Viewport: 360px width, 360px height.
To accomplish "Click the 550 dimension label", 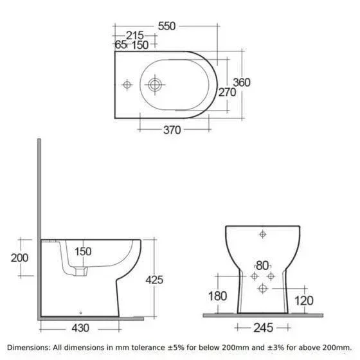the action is (166, 26).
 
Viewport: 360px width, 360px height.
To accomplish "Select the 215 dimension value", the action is (135, 35).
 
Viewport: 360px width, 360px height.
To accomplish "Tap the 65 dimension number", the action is (121, 44).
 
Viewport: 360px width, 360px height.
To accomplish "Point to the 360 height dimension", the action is (242, 82).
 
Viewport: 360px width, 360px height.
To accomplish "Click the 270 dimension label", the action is (227, 93).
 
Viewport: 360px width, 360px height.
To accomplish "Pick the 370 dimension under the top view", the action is (172, 130).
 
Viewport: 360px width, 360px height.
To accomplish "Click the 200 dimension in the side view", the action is (19, 258).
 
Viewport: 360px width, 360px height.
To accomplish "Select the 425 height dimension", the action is (154, 280).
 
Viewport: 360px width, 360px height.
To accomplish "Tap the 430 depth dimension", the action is (80, 328).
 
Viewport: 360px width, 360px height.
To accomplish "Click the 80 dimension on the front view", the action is (262, 266).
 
